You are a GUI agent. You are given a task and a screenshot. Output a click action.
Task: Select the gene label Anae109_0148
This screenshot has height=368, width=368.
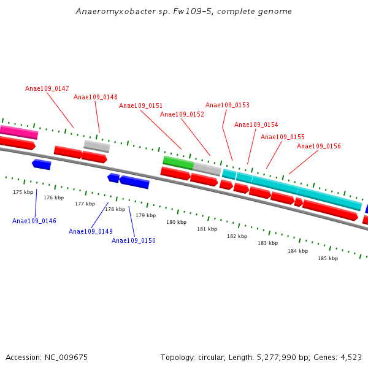point(96,98)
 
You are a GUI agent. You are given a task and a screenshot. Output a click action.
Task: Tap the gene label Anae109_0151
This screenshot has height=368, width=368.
point(141,106)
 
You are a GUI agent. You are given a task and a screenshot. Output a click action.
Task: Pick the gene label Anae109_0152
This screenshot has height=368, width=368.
point(182,115)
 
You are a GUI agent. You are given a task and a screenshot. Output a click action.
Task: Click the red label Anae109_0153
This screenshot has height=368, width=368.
point(228,105)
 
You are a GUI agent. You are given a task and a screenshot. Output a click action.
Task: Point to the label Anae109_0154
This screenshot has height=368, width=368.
point(256,125)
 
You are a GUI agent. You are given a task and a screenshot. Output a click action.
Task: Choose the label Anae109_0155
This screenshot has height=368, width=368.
point(283,137)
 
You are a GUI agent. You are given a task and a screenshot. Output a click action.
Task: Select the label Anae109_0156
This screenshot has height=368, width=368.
point(319,147)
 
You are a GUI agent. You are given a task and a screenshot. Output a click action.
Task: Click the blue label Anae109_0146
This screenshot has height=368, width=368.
point(34,221)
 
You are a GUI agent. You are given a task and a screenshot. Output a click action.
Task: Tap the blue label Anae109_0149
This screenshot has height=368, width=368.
point(91,232)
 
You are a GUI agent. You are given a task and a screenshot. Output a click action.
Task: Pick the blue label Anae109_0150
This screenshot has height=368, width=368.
point(134,241)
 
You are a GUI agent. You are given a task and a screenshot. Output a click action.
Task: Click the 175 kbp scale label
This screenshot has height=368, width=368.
point(23,193)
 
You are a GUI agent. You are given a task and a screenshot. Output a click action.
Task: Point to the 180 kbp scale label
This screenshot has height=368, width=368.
point(176,223)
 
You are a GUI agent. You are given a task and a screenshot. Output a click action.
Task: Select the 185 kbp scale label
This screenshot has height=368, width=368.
point(328,259)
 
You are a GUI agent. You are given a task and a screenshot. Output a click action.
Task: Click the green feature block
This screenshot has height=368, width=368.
point(178,162)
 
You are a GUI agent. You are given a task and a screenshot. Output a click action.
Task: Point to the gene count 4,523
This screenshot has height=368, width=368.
point(350,358)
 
